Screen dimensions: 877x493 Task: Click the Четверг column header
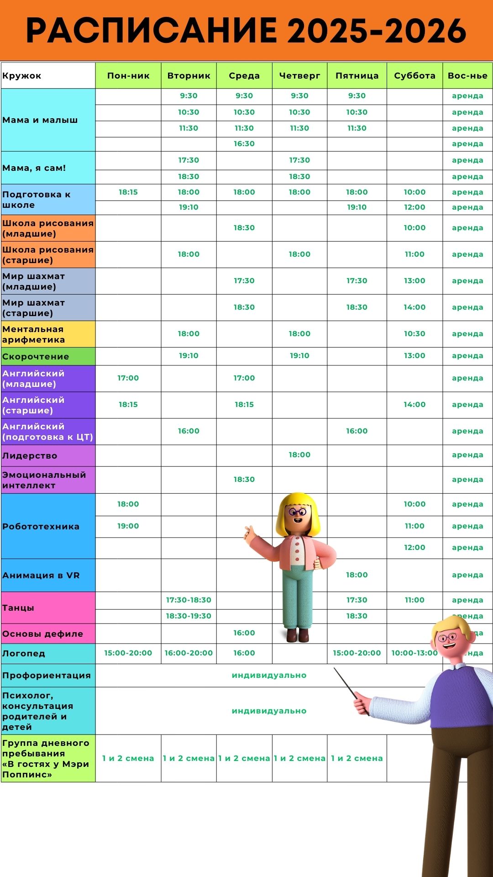point(299,76)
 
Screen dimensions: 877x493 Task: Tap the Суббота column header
point(414,76)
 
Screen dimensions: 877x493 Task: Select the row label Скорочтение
point(36,357)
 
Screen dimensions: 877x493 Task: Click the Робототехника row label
point(41,527)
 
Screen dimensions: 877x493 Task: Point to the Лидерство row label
point(30,456)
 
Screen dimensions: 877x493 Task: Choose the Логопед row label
point(24,654)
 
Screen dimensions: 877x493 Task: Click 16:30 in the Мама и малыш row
point(244,144)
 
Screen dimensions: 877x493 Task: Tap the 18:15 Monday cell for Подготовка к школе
point(128,192)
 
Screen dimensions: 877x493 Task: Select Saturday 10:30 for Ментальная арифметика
point(414,334)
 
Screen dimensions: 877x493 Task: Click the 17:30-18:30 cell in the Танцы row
point(189,600)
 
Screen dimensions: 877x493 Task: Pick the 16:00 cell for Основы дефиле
point(244,633)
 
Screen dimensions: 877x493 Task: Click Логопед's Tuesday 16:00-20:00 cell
point(189,653)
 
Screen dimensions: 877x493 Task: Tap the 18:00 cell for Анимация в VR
point(357,575)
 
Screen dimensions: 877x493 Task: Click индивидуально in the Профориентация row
point(269,676)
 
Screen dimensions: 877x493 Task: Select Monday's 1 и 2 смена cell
point(128,759)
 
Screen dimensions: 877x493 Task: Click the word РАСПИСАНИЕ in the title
point(151,31)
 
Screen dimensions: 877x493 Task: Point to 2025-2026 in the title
point(377,31)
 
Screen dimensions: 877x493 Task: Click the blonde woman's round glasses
point(297,512)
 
